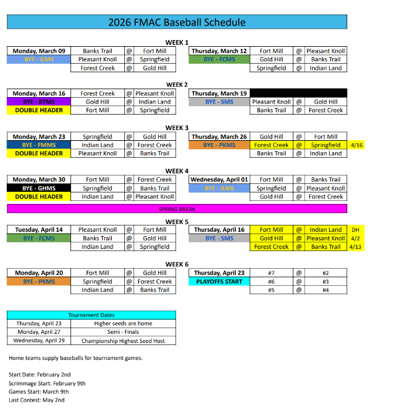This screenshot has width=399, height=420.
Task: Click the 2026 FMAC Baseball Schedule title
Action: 177,22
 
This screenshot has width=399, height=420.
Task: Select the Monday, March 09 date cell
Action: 39,51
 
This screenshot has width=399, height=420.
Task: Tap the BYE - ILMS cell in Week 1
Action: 39,59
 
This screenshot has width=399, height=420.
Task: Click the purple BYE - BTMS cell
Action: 39,102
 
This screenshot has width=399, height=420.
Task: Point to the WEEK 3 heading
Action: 177,127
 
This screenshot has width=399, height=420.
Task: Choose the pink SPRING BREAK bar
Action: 177,209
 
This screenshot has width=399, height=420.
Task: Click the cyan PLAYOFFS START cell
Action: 220,282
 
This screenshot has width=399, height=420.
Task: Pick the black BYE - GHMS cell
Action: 39,188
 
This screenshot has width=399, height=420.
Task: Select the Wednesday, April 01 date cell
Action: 220,180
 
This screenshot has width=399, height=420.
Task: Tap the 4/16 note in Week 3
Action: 356,145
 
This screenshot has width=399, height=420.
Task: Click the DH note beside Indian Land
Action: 356,230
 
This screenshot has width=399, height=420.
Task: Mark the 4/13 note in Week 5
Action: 356,247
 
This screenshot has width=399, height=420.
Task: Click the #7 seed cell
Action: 271,273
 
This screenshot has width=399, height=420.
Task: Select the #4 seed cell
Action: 326,290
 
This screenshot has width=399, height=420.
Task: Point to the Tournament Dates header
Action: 92,316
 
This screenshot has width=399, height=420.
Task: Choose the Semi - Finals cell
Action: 123,332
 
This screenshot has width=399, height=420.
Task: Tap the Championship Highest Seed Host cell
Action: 123,340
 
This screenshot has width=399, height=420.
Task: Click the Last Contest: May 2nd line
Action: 36,400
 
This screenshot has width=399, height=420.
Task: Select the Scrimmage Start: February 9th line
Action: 47,383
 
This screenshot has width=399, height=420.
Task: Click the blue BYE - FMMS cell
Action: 39,145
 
